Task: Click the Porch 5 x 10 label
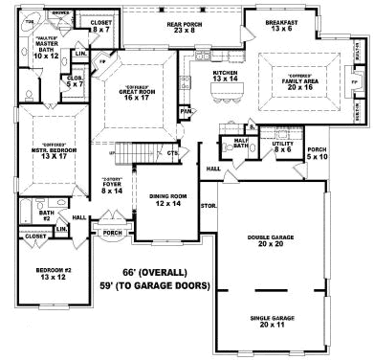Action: [317, 153]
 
